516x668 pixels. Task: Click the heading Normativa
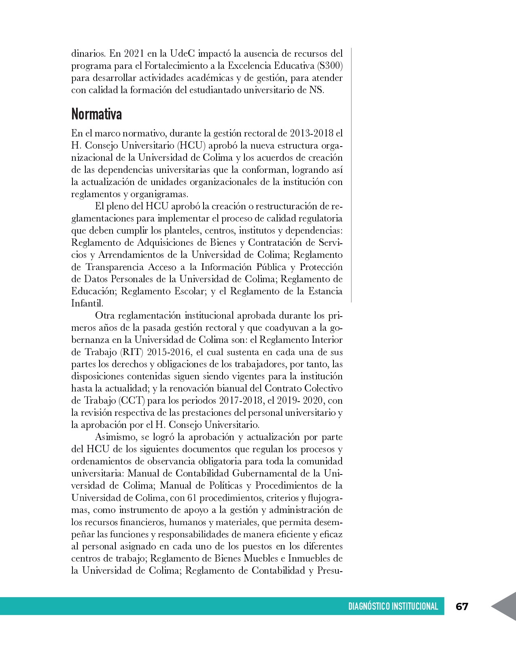pyautogui.click(x=96, y=115)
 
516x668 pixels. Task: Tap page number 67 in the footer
pyautogui.click(x=462, y=606)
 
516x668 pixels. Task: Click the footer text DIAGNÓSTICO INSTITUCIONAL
pyautogui.click(x=393, y=606)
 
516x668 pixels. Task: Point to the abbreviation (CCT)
pyautogui.click(x=132, y=400)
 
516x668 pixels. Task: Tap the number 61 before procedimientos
pyautogui.click(x=193, y=498)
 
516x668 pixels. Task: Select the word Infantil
pyautogui.click(x=87, y=303)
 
